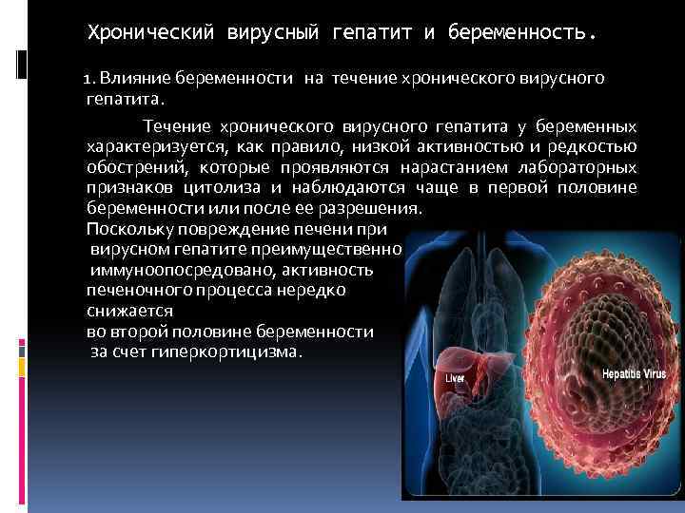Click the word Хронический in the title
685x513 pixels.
pos(151,32)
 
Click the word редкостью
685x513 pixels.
pos(593,147)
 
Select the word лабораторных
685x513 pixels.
pos(577,168)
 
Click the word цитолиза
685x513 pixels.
pos(222,188)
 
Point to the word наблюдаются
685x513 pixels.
pos(348,188)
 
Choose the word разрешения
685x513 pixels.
pos(370,209)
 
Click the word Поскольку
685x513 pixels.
pos(130,230)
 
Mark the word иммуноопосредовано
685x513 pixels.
pos(183,271)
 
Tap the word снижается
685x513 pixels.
pos(129,312)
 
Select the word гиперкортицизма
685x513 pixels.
pos(226,352)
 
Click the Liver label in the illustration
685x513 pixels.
pos(455,378)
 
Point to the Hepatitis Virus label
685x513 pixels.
pos(634,374)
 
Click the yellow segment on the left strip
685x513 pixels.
pos(22,368)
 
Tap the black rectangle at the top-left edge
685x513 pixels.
pos(21,65)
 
